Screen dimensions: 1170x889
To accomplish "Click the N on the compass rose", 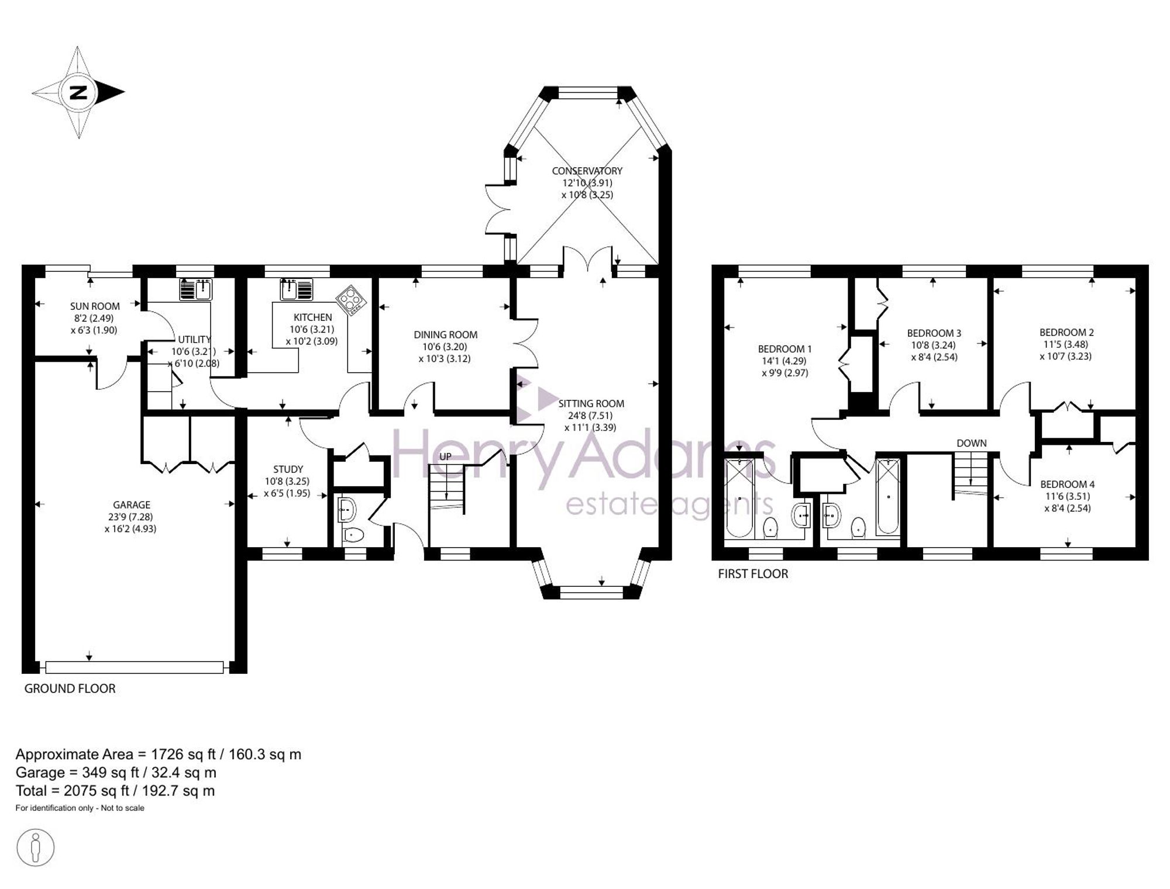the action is tap(78, 92).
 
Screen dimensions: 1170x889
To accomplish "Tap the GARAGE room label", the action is tap(132, 504).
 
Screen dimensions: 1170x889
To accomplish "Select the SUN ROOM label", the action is tap(95, 306).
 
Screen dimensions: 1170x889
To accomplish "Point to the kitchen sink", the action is tap(297, 289).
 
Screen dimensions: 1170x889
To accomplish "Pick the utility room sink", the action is tap(196, 289).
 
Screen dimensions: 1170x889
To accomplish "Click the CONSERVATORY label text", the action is tap(587, 171).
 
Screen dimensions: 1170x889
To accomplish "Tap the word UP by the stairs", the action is tap(445, 456).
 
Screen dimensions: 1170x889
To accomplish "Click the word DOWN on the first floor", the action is tap(972, 443).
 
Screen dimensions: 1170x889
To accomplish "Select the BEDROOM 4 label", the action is tap(1068, 484).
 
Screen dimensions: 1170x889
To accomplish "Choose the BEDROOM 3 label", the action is tap(934, 333).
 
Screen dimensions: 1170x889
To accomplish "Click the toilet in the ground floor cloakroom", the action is tap(352, 534).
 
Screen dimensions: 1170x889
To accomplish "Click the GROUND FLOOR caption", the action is tap(70, 689).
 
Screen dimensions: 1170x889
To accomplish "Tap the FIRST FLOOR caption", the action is tap(753, 574).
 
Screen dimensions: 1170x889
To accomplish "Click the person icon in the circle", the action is tap(36, 847).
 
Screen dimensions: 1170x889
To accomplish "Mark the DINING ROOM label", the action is tap(446, 335).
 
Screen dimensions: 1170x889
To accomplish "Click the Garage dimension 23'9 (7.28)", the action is tap(132, 517).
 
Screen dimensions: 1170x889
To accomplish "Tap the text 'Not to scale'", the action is tap(123, 808).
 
